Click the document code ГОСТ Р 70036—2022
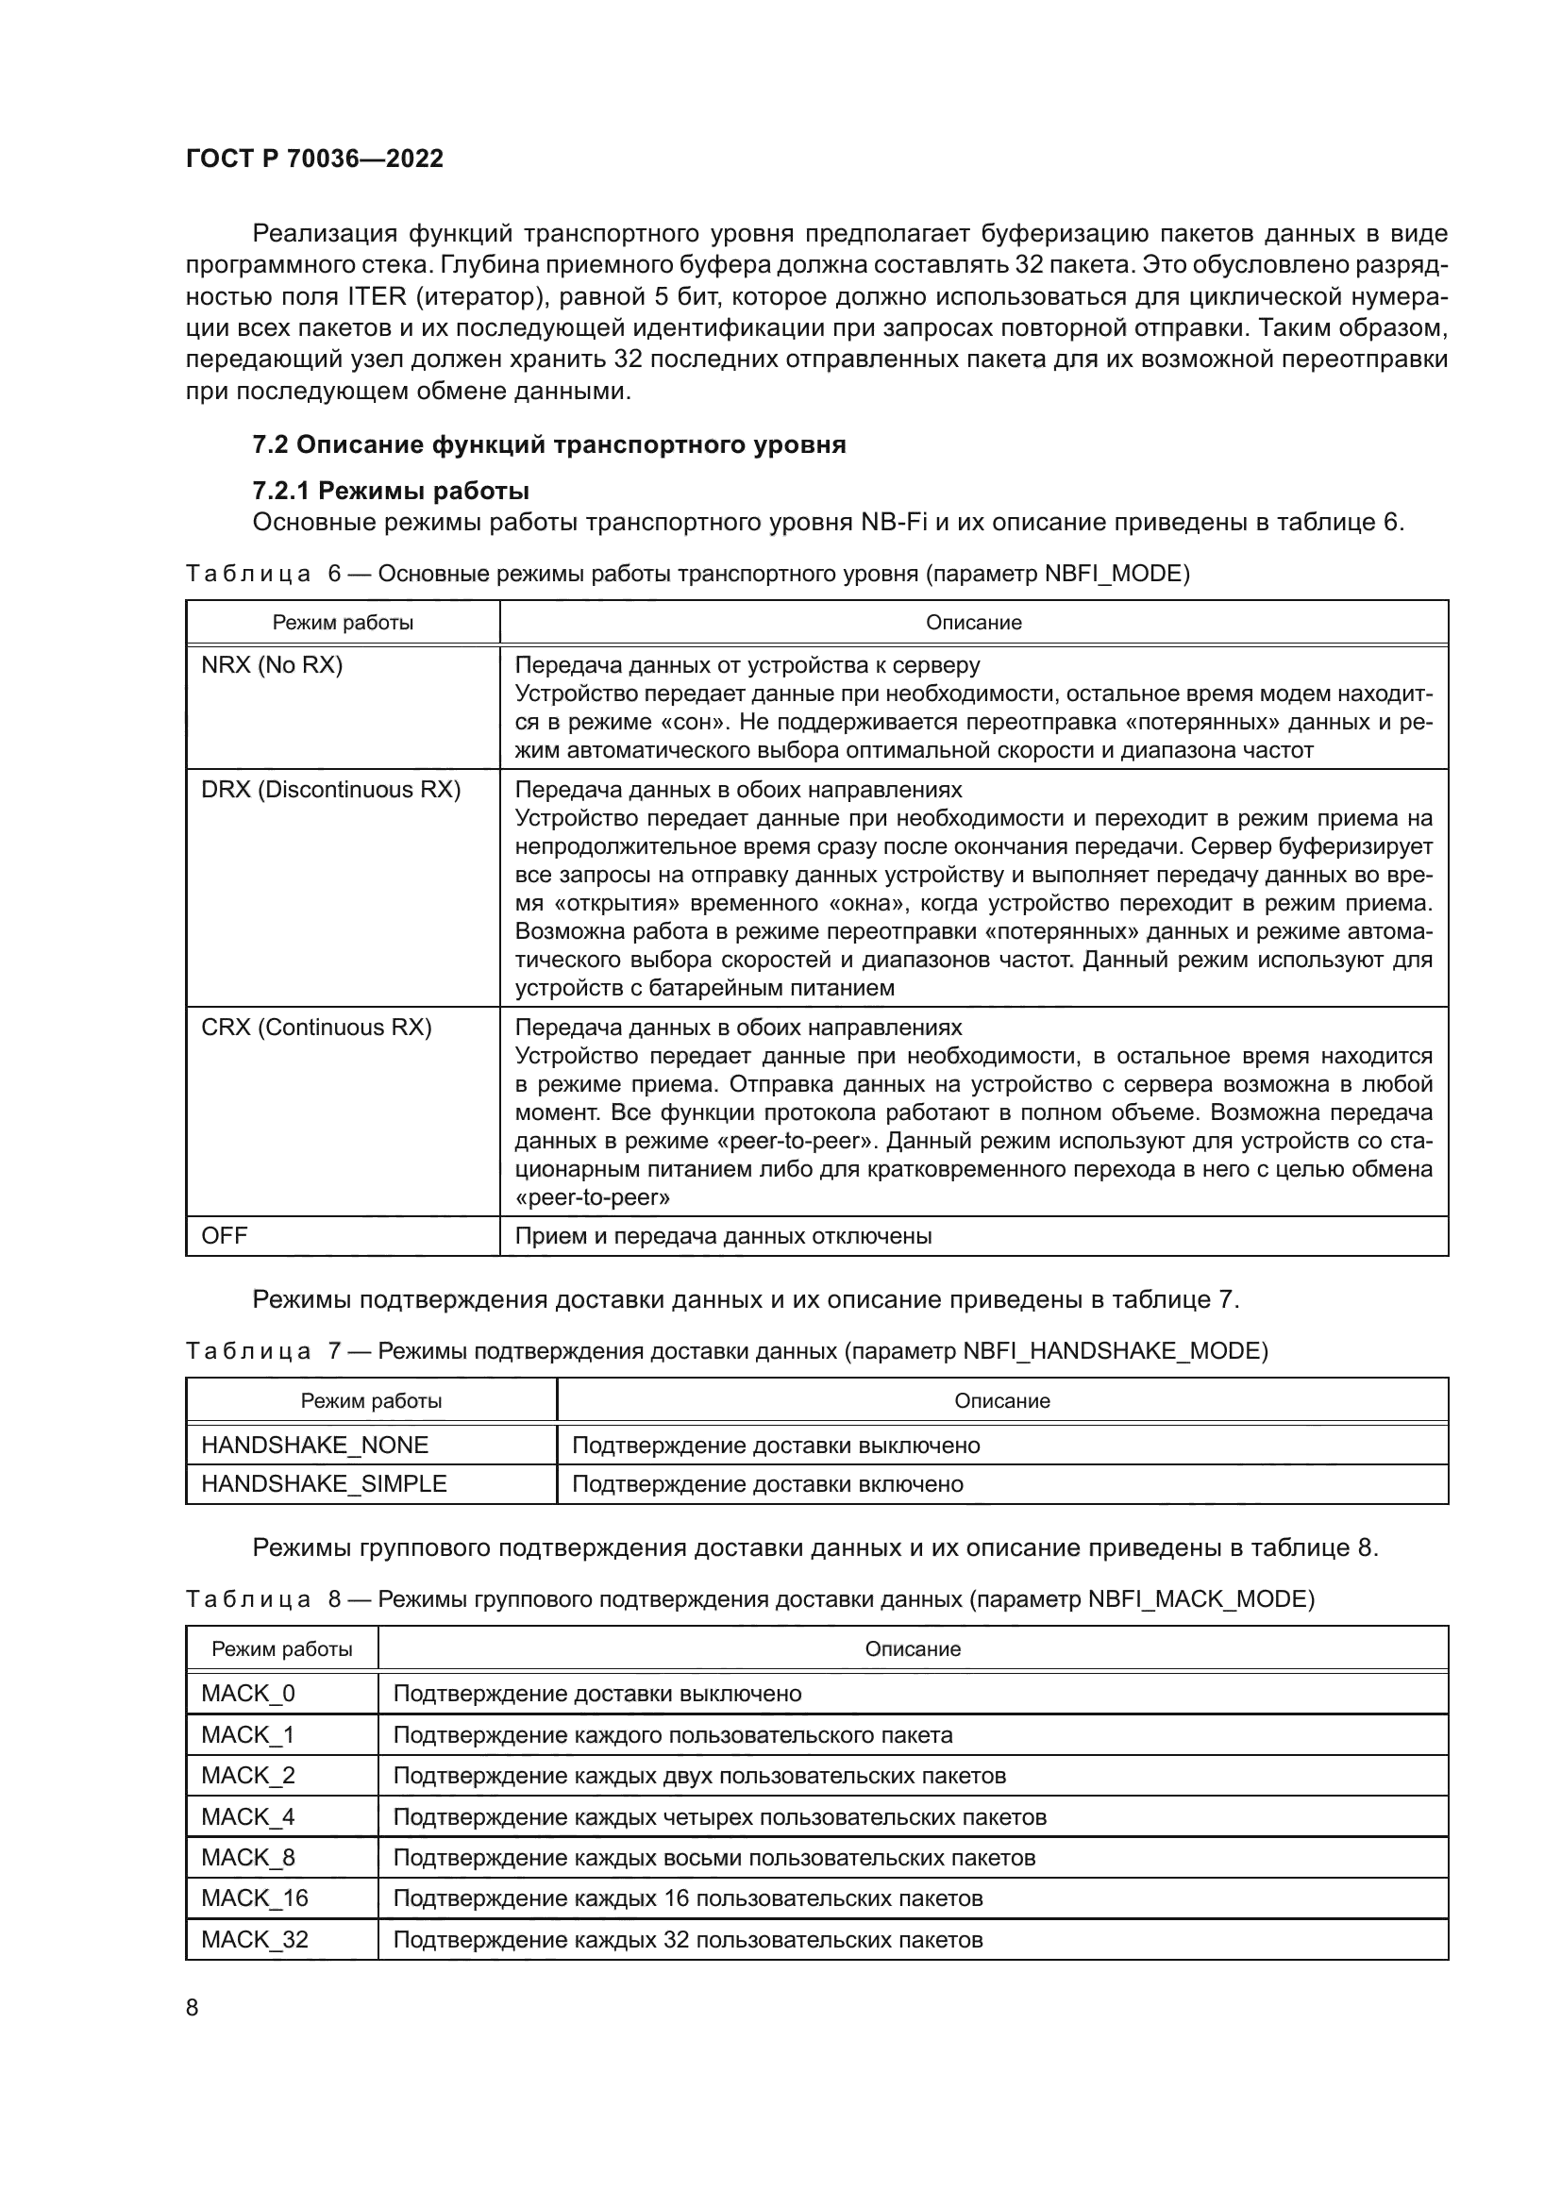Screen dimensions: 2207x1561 click(x=314, y=159)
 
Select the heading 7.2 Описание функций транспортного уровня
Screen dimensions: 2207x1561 click(x=549, y=445)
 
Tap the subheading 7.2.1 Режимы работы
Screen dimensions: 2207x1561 click(x=391, y=492)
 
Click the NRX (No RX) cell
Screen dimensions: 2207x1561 click(x=272, y=665)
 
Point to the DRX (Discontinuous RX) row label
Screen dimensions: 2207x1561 click(x=330, y=790)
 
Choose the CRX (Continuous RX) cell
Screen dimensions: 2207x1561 click(x=316, y=1028)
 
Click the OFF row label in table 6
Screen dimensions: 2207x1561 click(x=224, y=1236)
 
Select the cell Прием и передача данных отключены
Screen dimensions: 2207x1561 click(x=723, y=1236)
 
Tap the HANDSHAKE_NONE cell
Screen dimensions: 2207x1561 click(x=314, y=1446)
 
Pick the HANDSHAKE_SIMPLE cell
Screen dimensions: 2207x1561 click(x=324, y=1484)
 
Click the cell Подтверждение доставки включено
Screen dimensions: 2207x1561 click(x=767, y=1484)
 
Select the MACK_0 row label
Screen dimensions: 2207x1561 click(x=248, y=1694)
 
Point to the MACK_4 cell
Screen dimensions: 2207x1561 click(x=248, y=1816)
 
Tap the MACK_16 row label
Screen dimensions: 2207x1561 click(x=255, y=1898)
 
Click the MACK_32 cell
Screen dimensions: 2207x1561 click(x=255, y=1940)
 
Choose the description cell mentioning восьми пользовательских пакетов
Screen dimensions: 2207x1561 click(x=714, y=1858)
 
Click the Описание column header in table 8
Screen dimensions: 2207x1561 click(x=913, y=1649)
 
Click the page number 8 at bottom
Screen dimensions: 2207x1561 click(x=193, y=2008)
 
